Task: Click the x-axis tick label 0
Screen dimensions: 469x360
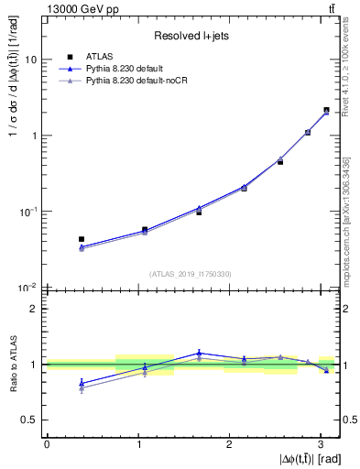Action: (x=47, y=443)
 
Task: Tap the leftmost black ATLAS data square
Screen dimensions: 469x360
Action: (x=82, y=239)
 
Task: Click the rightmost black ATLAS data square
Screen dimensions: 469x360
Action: (x=326, y=110)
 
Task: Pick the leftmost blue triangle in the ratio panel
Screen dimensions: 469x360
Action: (x=82, y=382)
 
